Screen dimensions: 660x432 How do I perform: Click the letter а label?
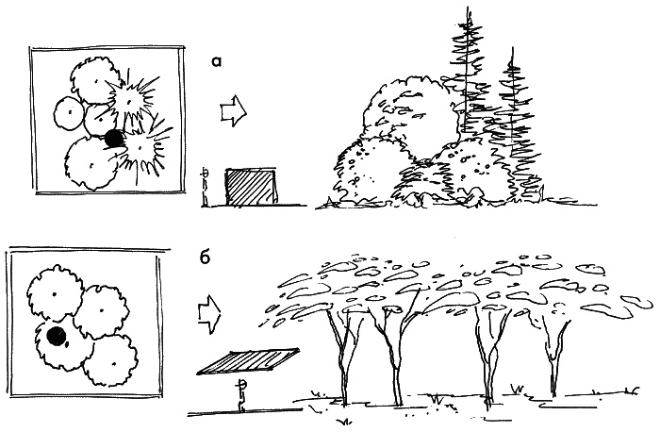[216, 62]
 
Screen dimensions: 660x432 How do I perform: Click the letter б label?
[205, 257]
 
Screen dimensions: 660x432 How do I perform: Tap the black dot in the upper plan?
[114, 139]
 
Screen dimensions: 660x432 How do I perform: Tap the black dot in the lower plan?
[56, 336]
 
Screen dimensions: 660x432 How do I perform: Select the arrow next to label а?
[234, 110]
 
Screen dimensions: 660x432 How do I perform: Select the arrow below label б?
[209, 314]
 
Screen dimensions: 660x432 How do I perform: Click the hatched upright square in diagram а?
[252, 187]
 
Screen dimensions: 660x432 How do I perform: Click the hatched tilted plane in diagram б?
[248, 361]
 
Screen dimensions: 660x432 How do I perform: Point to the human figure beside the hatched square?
[206, 187]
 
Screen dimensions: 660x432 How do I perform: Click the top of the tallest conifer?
[467, 8]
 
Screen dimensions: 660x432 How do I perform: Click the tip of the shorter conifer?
[512, 48]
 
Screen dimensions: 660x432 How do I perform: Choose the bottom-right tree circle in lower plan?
[110, 361]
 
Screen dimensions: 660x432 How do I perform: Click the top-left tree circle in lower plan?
[55, 293]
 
